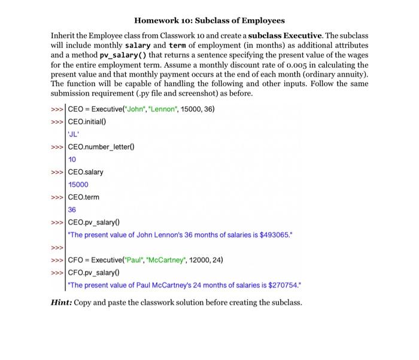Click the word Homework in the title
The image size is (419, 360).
coord(158,20)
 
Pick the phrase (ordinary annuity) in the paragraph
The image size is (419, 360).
coord(337,75)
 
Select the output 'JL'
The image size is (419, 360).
coord(75,134)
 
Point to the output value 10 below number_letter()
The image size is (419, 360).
coord(72,159)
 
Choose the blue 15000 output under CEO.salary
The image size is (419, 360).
coord(78,184)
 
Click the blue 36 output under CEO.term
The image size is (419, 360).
coord(72,209)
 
